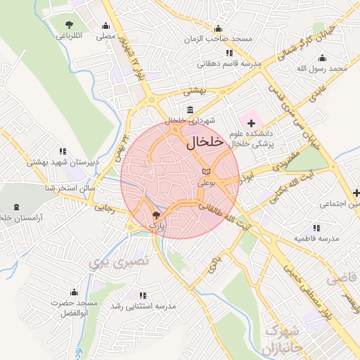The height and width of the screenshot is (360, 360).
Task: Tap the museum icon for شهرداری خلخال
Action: tap(191, 110)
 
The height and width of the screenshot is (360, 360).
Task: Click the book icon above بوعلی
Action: tap(205, 172)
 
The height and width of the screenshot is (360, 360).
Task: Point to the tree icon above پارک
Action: tap(156, 216)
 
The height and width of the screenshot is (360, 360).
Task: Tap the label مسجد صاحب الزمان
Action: tap(218, 39)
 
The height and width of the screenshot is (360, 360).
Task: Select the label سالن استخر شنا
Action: tap(69, 188)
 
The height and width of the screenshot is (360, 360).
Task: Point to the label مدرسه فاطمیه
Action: tap(316, 238)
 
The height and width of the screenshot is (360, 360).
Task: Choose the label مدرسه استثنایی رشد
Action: tap(143, 307)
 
